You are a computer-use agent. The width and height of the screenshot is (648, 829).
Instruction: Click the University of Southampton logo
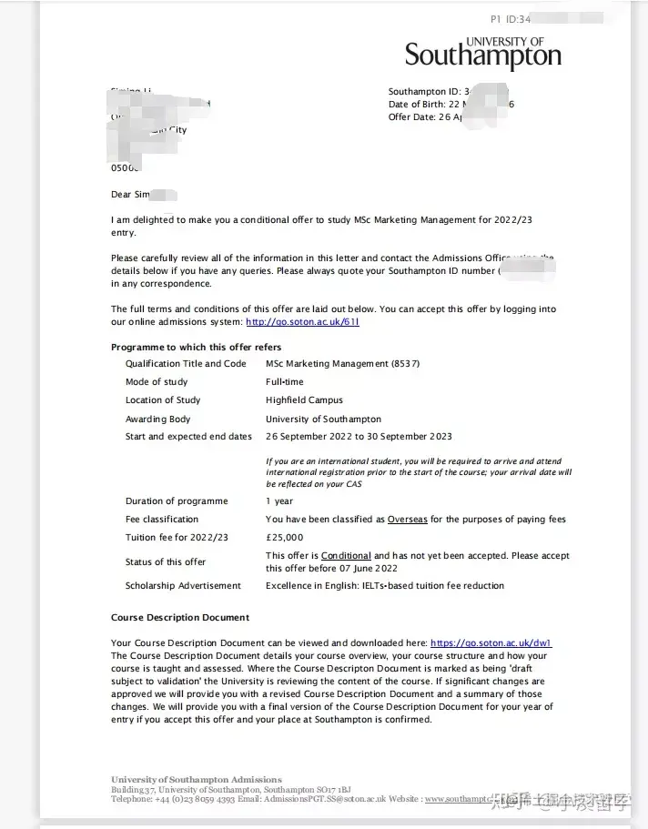click(483, 54)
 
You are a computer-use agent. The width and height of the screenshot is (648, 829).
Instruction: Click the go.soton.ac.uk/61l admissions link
click(302, 322)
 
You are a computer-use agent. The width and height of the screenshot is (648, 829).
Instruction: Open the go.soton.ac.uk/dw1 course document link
click(491, 643)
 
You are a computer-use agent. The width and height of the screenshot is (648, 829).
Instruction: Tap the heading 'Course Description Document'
click(180, 617)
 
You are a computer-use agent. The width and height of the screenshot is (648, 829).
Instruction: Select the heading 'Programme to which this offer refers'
click(196, 348)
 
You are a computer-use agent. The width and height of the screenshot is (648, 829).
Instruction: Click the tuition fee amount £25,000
click(285, 538)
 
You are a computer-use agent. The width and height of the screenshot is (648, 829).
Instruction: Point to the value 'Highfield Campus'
click(304, 400)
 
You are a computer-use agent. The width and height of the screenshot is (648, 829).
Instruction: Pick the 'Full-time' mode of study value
click(286, 382)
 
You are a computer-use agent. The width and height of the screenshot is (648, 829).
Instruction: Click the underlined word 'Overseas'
click(407, 520)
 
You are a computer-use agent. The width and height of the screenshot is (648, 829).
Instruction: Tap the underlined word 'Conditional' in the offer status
click(346, 556)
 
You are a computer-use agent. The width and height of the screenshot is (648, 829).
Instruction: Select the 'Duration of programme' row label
click(177, 501)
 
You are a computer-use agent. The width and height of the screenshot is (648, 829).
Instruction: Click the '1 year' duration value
click(279, 501)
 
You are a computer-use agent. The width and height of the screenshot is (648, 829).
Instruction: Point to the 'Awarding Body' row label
click(158, 420)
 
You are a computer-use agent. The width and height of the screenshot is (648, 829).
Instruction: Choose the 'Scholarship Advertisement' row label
click(183, 586)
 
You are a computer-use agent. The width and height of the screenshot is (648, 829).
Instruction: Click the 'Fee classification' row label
click(162, 520)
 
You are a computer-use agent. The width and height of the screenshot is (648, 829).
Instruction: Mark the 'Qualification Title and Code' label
click(186, 364)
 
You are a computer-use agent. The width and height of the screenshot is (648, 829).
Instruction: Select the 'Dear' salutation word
click(121, 195)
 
